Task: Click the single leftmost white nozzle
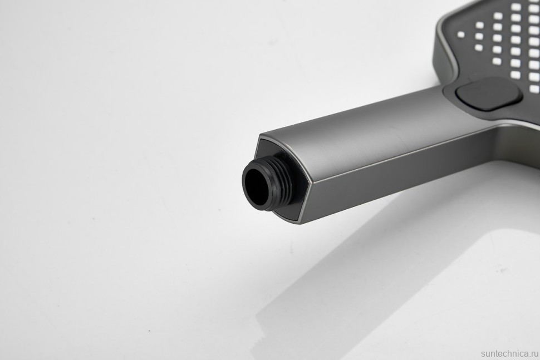pyautogui.click(x=461, y=34)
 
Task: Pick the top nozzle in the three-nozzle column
pyautogui.click(x=479, y=25)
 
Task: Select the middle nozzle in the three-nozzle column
pyautogui.click(x=479, y=36)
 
